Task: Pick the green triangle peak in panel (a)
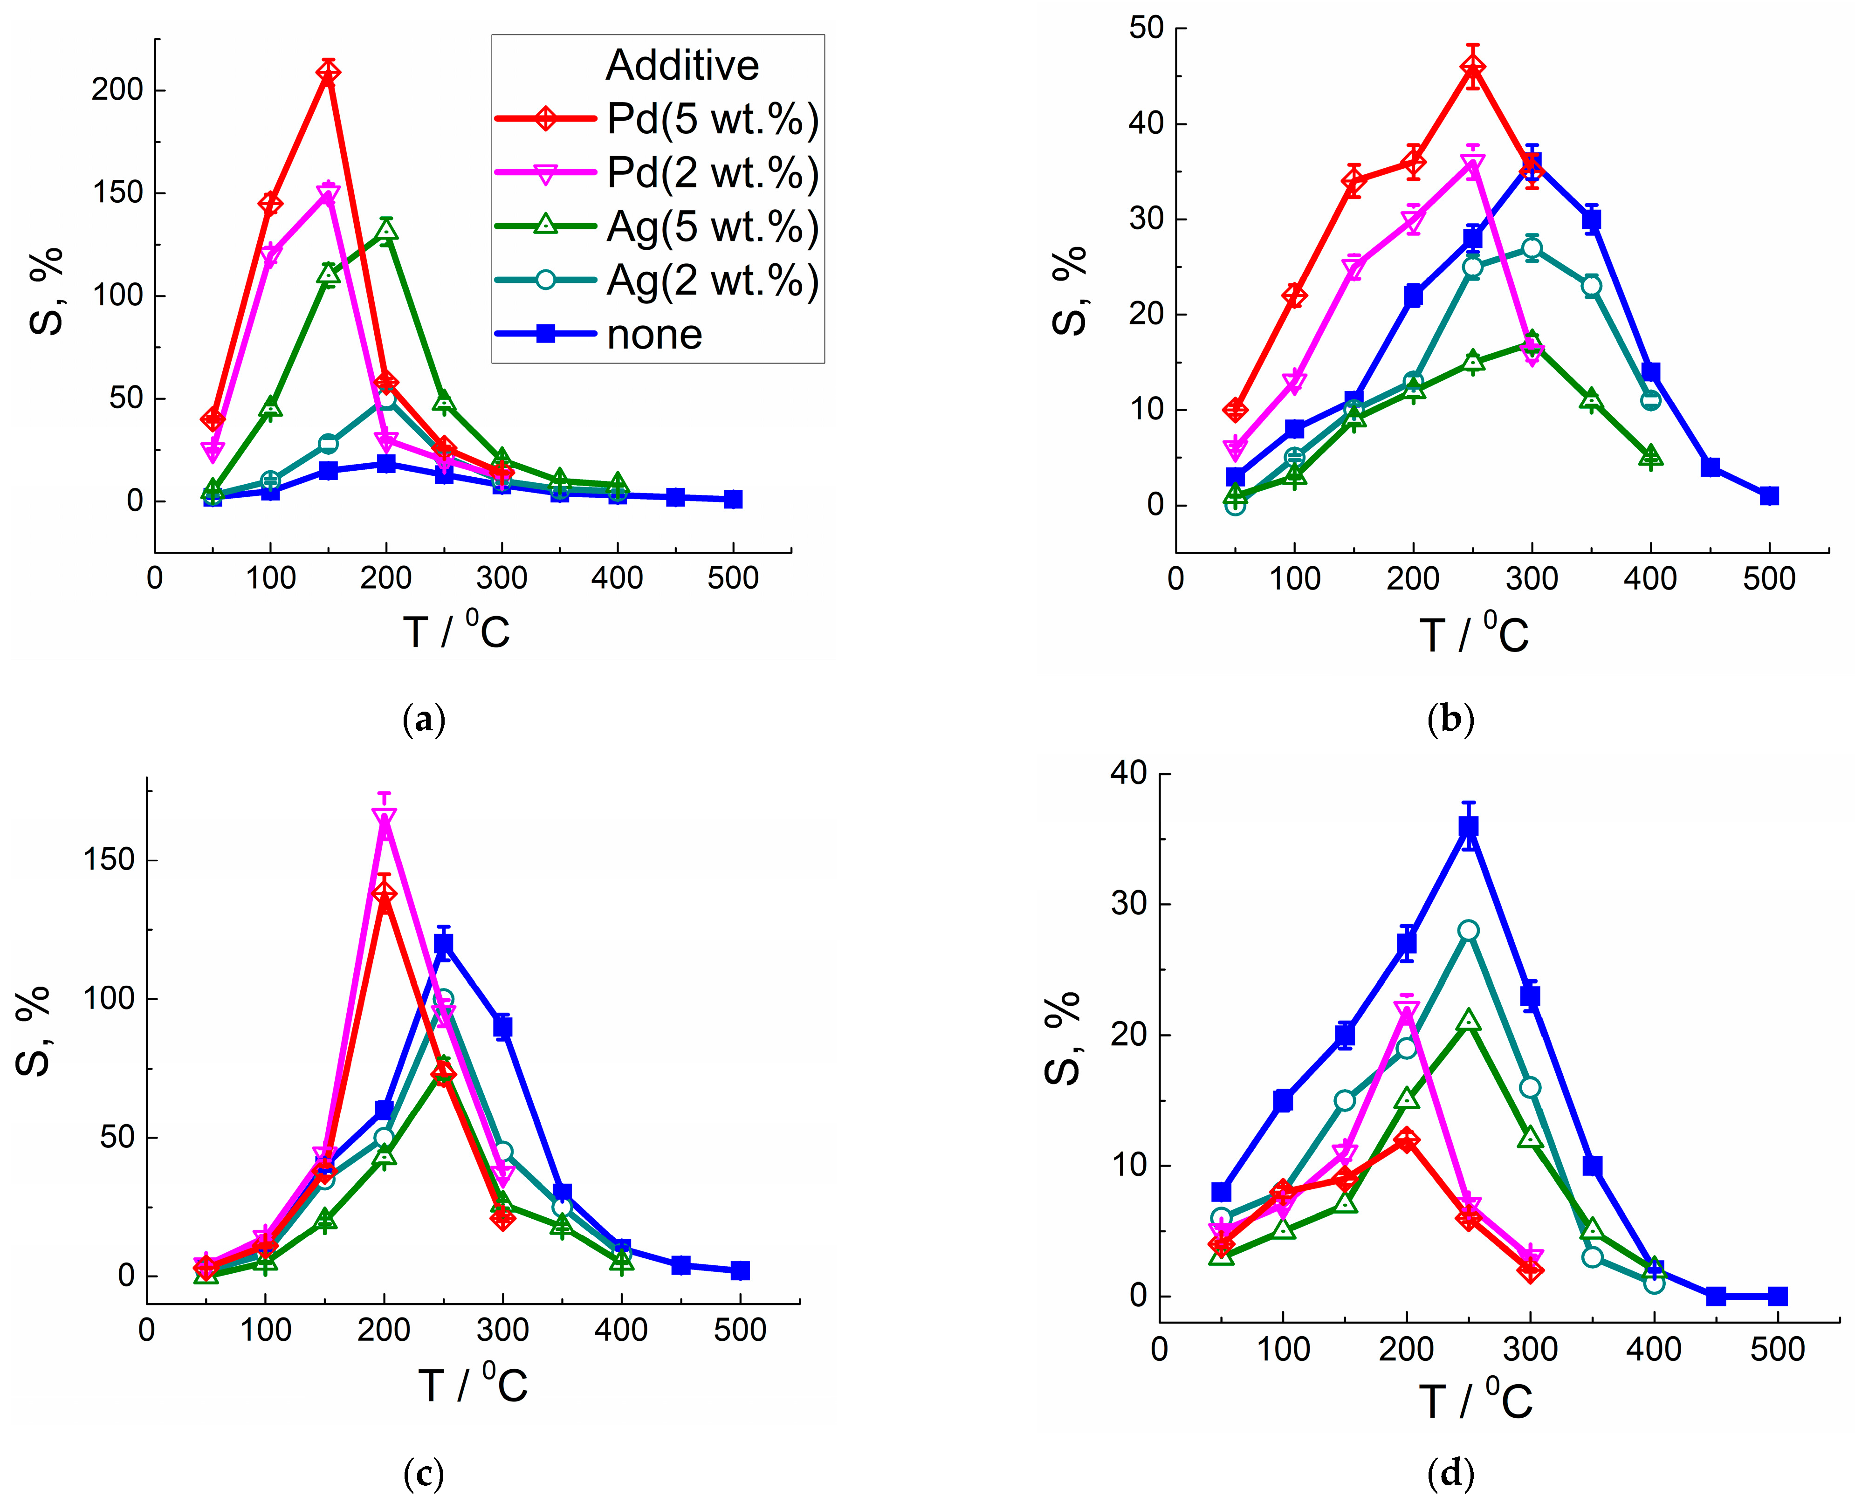386,229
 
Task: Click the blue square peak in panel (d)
1469,827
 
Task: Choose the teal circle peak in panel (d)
1469,931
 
